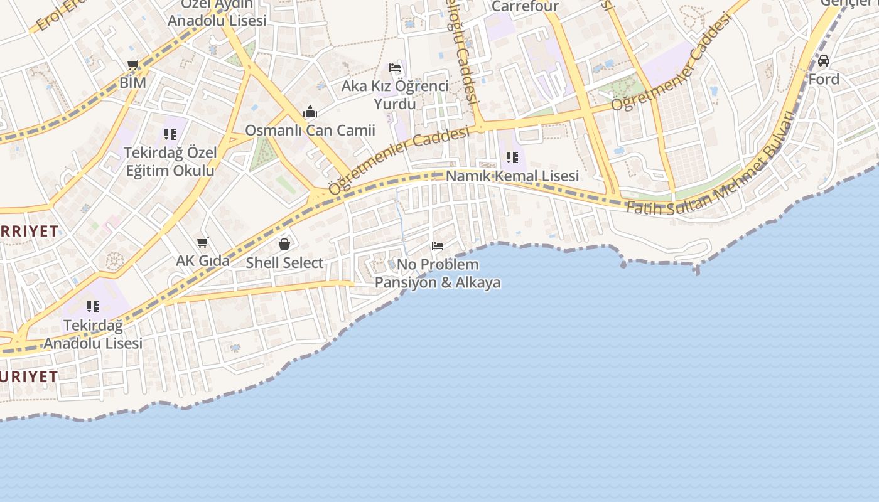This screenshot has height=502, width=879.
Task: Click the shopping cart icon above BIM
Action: (x=132, y=65)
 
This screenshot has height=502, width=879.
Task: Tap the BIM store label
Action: (x=132, y=82)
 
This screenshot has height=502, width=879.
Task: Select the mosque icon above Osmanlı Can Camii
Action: (x=310, y=112)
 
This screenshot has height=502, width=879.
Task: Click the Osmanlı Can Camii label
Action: (x=310, y=131)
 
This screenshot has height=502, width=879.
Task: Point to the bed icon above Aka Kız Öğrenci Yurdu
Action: (x=395, y=68)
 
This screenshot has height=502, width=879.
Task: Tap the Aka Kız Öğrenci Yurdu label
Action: (x=395, y=94)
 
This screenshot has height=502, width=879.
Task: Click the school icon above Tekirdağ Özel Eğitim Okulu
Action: (x=170, y=134)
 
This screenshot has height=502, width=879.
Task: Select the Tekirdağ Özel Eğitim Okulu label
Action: (x=170, y=161)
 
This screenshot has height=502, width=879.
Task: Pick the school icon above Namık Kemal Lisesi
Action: (x=512, y=158)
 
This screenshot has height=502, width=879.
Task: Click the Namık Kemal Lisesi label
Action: (x=512, y=176)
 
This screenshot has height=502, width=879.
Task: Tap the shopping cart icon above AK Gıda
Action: (x=202, y=242)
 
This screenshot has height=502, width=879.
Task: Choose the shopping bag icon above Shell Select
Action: (x=284, y=244)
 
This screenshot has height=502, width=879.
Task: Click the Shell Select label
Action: (x=284, y=262)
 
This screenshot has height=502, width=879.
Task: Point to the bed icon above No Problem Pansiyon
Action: (x=438, y=246)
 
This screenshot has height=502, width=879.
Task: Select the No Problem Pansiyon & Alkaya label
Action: (x=438, y=273)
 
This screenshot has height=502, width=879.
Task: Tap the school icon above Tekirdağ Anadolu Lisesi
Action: (x=93, y=307)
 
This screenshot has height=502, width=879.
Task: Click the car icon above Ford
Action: (x=824, y=61)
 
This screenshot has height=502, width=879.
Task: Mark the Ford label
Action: (x=824, y=79)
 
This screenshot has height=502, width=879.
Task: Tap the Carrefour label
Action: (x=525, y=6)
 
